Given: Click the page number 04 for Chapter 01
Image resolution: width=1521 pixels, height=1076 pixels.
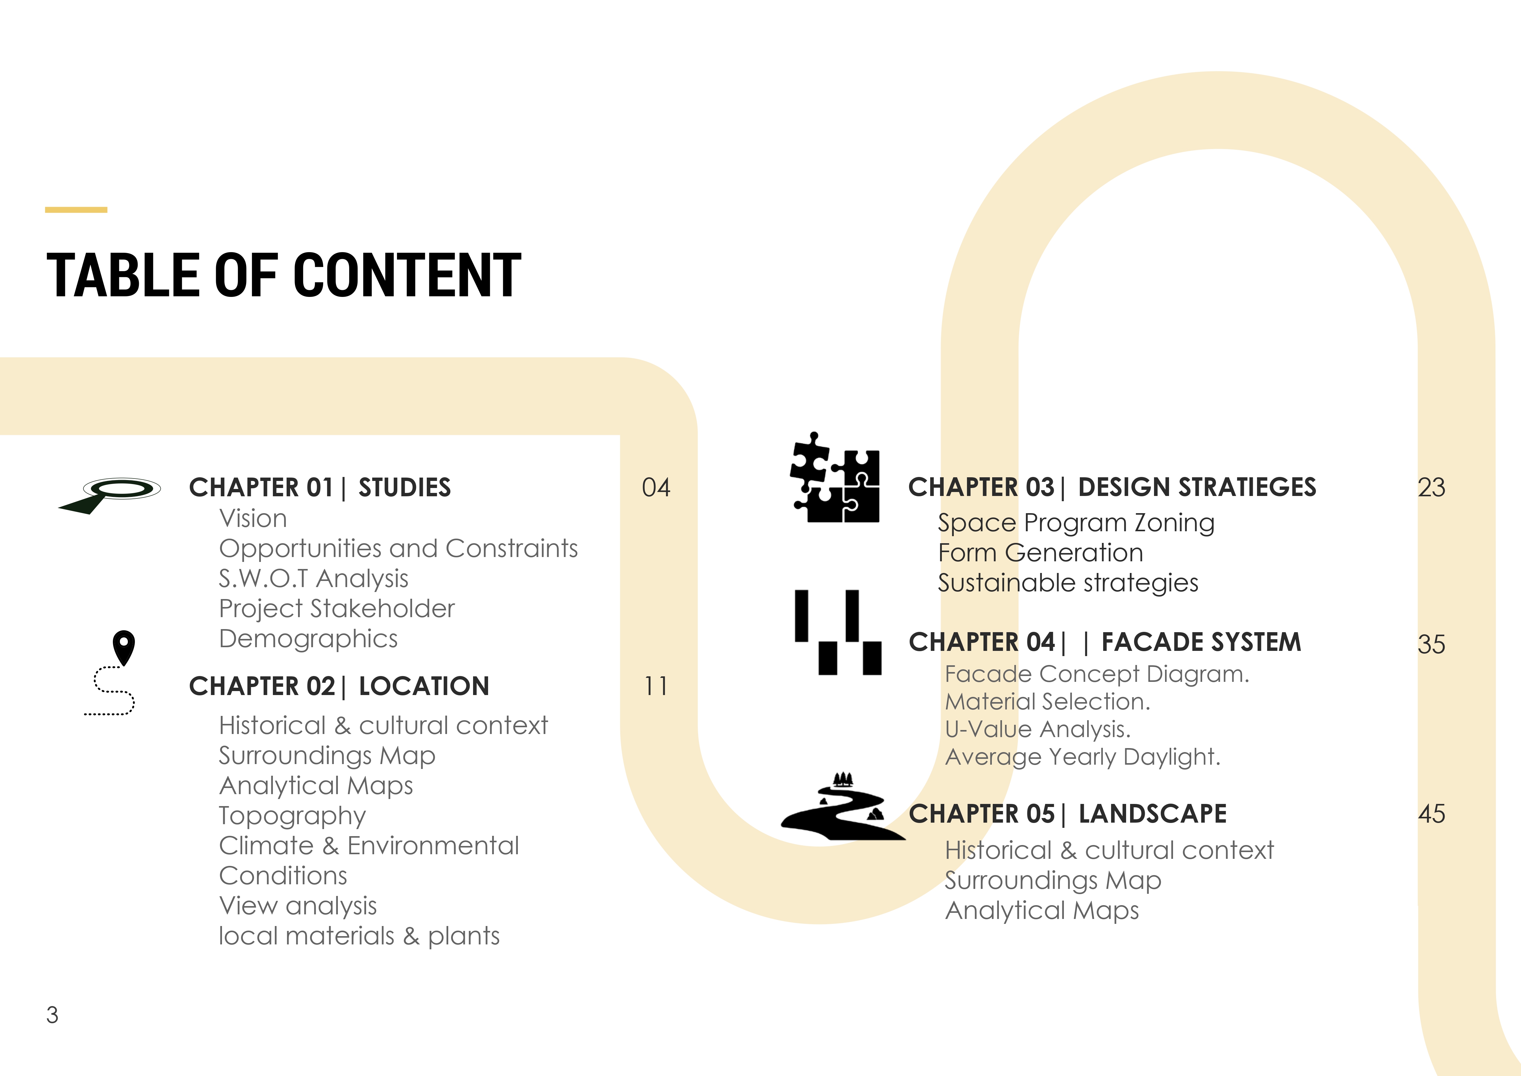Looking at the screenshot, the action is click(656, 488).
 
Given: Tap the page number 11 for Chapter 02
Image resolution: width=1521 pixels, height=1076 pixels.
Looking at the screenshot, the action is click(656, 686).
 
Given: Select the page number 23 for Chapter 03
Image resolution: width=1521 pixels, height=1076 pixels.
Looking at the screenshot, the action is click(1431, 488).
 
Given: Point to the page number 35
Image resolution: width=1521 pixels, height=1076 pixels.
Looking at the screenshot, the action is click(1431, 644).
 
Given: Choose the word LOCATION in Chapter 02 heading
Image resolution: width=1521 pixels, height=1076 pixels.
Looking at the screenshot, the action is click(424, 686).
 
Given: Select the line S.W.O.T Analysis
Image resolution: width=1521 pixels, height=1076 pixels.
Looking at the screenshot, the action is click(313, 578).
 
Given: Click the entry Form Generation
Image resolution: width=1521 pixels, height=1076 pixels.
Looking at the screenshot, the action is click(1040, 553).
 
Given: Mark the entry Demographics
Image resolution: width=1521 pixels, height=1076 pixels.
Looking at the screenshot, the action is click(308, 639).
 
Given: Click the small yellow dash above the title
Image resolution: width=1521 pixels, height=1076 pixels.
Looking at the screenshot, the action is click(76, 210).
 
